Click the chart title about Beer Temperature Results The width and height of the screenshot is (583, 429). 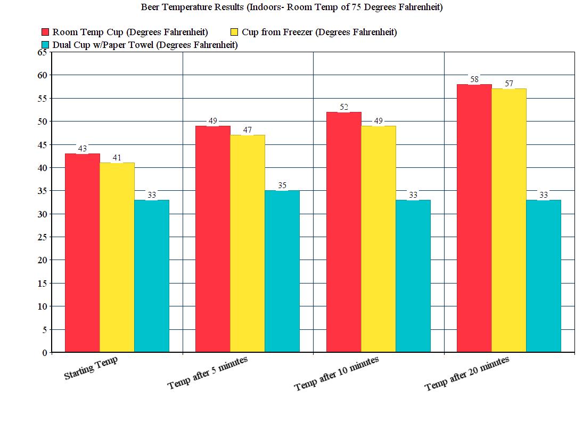(x=291, y=7)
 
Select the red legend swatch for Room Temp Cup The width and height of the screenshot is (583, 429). (x=45, y=32)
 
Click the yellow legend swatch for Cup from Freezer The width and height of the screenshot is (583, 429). (x=235, y=32)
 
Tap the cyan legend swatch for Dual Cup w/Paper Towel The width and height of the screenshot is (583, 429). (x=45, y=45)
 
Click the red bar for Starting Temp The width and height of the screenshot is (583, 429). (x=83, y=253)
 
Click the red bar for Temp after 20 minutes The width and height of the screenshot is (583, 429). (x=474, y=218)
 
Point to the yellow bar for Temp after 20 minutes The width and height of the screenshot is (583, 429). (x=508, y=221)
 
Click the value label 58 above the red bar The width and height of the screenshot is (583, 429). (x=474, y=79)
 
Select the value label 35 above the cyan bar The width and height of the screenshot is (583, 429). (x=282, y=185)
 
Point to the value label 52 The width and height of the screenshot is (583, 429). (x=343, y=107)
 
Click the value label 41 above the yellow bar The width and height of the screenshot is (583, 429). (x=117, y=158)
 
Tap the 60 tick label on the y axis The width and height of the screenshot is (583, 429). (x=42, y=75)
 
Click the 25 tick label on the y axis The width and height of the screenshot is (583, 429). (x=42, y=237)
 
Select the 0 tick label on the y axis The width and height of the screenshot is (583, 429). (x=44, y=353)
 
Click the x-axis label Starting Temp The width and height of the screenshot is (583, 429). (x=91, y=369)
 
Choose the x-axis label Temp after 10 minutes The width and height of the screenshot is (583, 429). (x=336, y=374)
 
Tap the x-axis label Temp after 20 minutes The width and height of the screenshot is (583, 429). (x=467, y=374)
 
